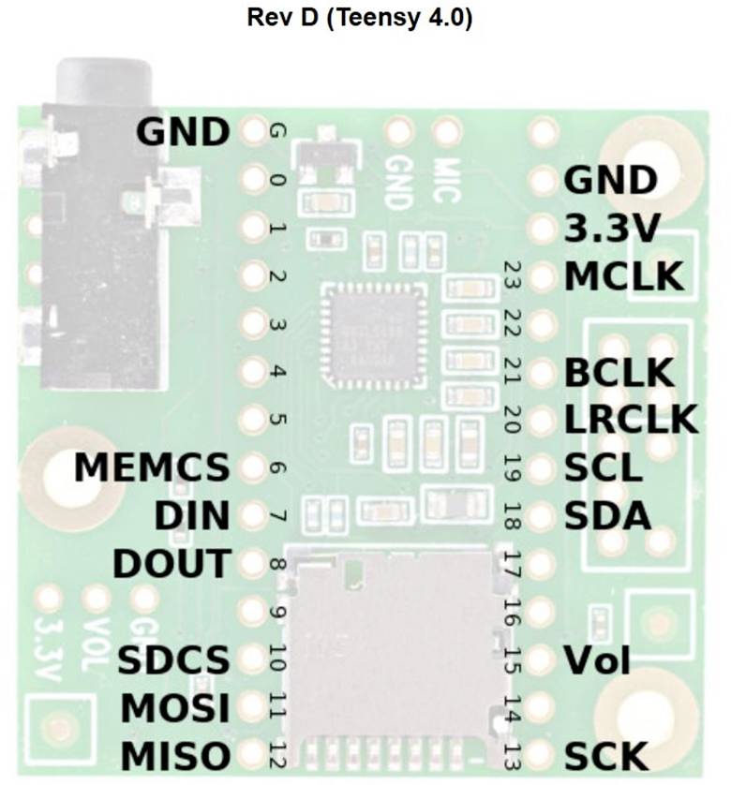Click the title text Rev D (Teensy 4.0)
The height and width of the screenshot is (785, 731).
click(360, 18)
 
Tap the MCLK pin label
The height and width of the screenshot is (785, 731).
click(621, 277)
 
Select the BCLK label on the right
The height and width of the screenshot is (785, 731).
click(619, 372)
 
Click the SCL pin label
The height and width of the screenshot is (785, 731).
click(603, 467)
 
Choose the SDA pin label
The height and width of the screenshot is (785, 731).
click(606, 515)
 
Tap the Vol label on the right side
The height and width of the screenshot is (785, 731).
click(596, 659)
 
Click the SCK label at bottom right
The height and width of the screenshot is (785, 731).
click(604, 755)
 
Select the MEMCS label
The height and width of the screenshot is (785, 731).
click(152, 467)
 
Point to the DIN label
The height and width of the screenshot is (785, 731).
click(191, 515)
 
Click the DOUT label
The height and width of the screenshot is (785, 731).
click(172, 564)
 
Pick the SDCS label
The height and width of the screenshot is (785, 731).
click(173, 659)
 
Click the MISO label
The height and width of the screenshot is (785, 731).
click(175, 755)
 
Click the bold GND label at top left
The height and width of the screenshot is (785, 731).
click(183, 132)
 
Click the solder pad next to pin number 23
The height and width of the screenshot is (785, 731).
click(542, 277)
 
